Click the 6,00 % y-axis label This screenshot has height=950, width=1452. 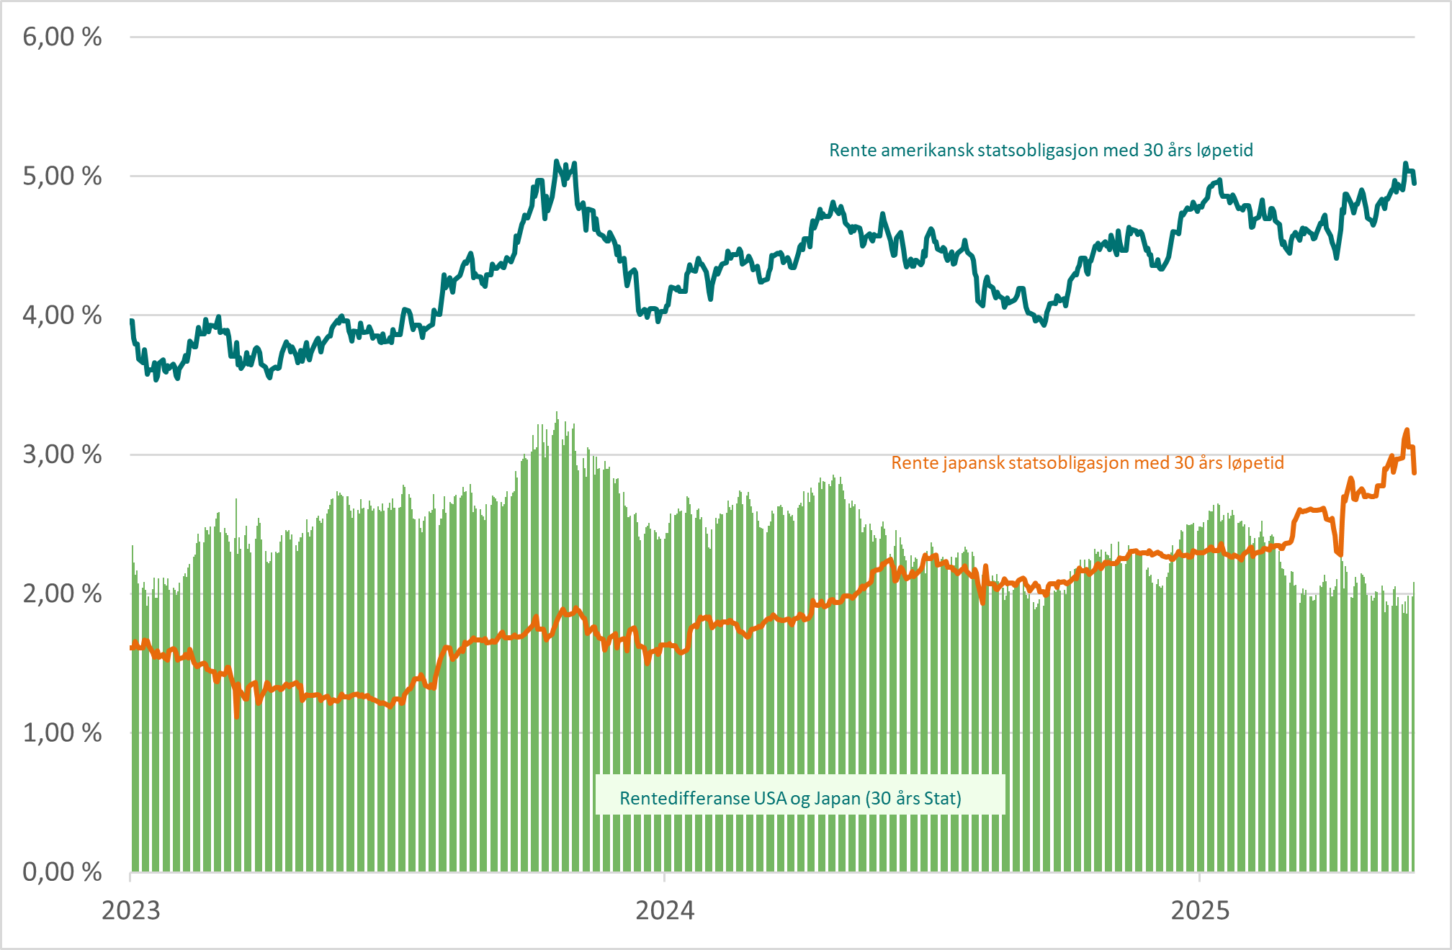click(x=62, y=37)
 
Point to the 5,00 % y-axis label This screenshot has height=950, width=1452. click(x=62, y=176)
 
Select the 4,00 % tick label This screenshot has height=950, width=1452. click(x=62, y=315)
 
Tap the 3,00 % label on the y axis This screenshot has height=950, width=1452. click(x=62, y=454)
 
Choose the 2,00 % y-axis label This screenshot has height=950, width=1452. click(x=62, y=593)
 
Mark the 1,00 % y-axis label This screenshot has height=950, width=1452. click(x=62, y=732)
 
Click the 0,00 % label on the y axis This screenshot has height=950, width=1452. click(x=62, y=871)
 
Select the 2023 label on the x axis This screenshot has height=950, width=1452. click(x=130, y=910)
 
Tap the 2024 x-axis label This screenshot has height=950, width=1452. click(x=665, y=910)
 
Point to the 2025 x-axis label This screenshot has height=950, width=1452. click(x=1200, y=910)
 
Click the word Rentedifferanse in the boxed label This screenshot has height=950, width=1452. click(x=682, y=799)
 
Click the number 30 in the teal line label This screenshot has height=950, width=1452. click(x=1153, y=151)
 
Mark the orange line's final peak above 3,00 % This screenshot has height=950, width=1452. click(x=1407, y=430)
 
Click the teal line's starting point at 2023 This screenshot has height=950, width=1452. click(x=131, y=321)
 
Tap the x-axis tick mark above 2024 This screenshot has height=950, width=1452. click(x=664, y=877)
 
